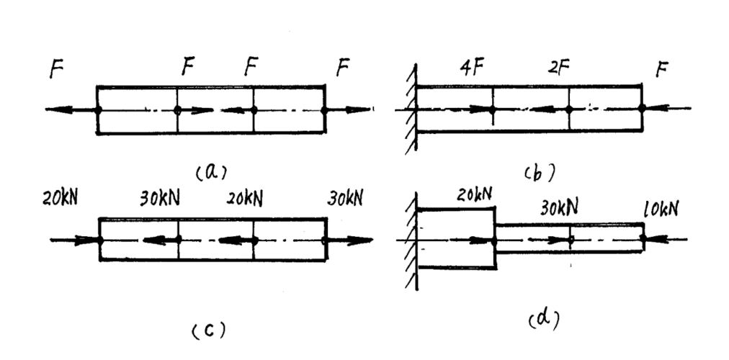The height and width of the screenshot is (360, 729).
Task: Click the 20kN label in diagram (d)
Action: [x=476, y=194]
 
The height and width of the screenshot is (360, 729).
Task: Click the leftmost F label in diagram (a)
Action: [x=55, y=72]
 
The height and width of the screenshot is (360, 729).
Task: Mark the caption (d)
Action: [x=544, y=316]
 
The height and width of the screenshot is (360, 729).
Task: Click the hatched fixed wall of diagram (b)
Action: [x=411, y=109]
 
